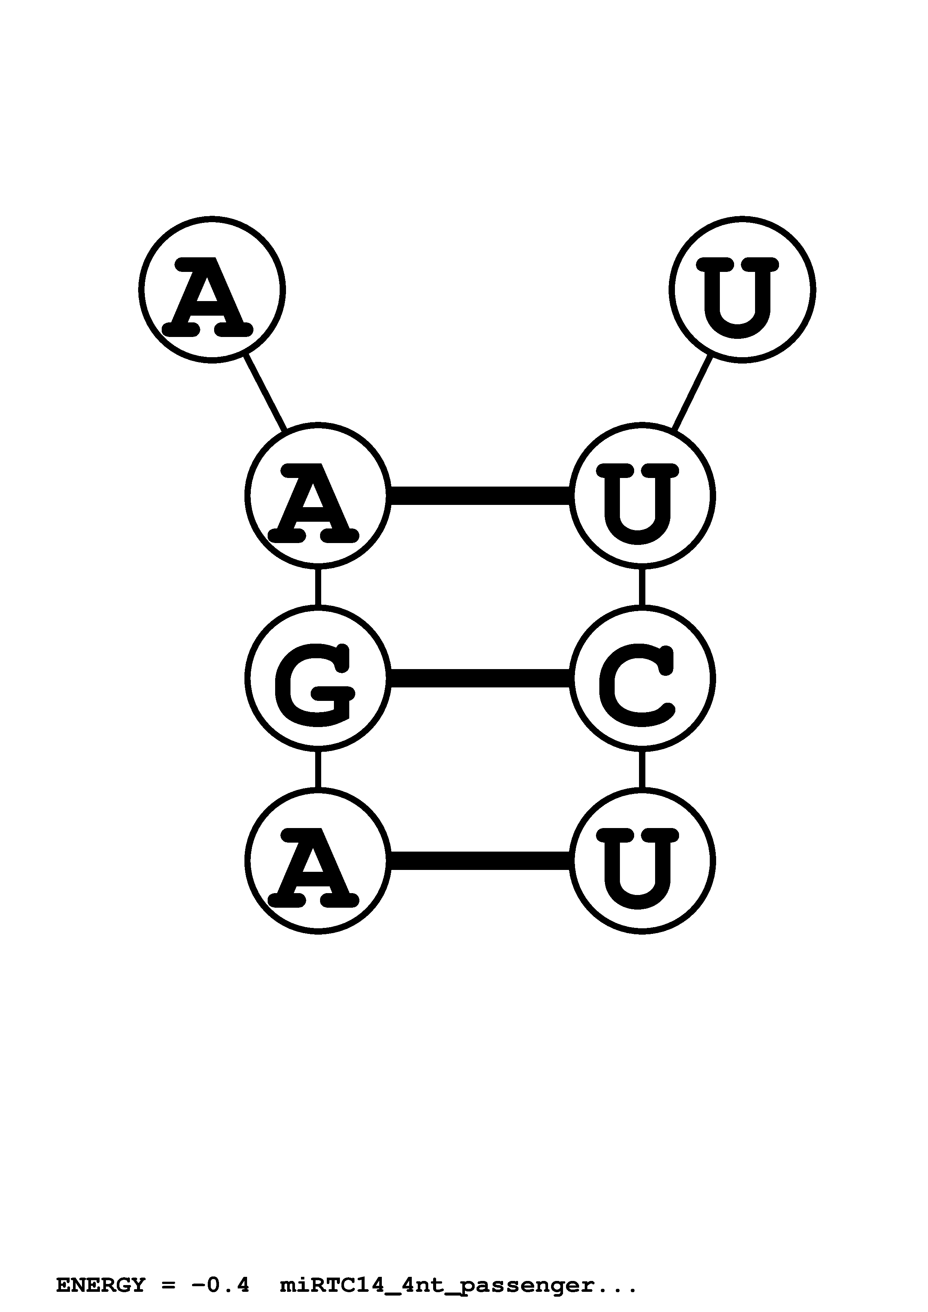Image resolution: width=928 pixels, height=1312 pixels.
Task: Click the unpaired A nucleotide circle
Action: (x=212, y=290)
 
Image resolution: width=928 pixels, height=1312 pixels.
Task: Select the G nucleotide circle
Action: (x=318, y=678)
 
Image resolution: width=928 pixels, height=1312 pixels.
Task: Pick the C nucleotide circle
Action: (x=642, y=678)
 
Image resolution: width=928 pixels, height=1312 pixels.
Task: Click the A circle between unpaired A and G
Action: (x=318, y=496)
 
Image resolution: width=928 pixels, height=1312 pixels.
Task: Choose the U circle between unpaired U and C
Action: (x=642, y=496)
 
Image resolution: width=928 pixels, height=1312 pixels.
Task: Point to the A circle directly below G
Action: (x=318, y=861)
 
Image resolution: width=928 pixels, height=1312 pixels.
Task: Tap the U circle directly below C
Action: (x=642, y=861)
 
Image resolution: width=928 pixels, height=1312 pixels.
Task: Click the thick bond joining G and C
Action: (x=480, y=678)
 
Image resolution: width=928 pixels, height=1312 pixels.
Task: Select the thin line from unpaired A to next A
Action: (x=265, y=393)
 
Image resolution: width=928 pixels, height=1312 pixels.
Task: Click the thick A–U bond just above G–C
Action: (x=480, y=496)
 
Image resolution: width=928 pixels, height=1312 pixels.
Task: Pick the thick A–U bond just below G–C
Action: (x=480, y=861)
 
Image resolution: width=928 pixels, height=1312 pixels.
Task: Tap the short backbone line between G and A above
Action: (x=318, y=587)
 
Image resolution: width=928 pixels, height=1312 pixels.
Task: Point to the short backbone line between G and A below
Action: (x=318, y=769)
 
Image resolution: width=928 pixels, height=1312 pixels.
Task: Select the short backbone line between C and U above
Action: (x=642, y=587)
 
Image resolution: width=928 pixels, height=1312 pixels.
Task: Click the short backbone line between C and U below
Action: (x=642, y=769)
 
